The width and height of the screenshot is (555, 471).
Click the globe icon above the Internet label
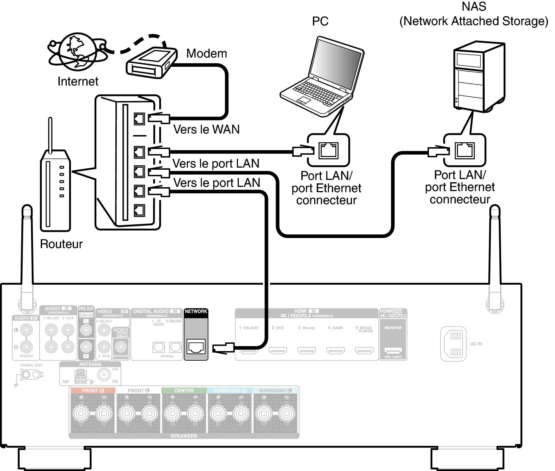(78, 52)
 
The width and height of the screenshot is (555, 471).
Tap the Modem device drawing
(151, 63)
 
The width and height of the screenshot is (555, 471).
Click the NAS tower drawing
(479, 77)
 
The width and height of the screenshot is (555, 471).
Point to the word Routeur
(61, 244)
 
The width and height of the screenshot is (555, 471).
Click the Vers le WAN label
(206, 129)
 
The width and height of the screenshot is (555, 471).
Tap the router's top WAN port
(139, 119)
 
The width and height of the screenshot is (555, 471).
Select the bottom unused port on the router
(139, 210)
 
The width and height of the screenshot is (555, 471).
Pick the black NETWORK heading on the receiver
(196, 311)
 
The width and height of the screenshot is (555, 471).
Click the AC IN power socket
(453, 344)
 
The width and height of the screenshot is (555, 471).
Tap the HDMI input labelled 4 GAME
(335, 350)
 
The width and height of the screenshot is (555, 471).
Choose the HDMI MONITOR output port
(393, 350)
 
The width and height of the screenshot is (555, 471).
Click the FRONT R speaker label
(93, 391)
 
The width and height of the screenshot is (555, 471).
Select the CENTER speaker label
(184, 391)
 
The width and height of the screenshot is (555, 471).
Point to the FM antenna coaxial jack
(104, 374)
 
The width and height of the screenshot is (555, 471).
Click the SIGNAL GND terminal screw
(26, 374)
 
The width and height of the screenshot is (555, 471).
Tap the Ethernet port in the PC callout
(328, 151)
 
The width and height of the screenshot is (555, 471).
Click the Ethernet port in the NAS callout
(465, 151)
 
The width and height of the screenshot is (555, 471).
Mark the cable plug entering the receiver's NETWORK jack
(223, 348)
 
